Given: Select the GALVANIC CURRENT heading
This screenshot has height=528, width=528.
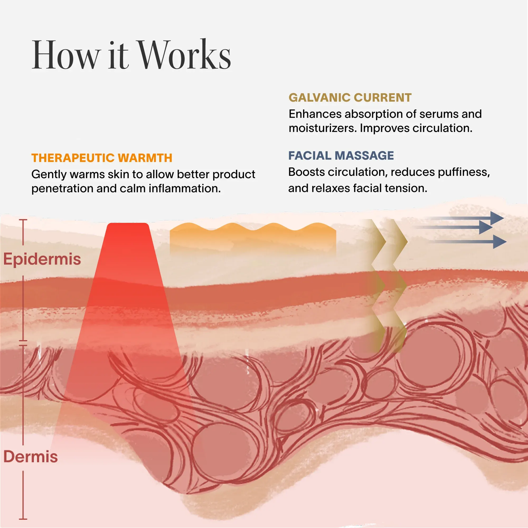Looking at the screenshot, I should click(x=350, y=98).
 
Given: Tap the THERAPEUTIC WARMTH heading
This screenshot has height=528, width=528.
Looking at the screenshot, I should click(x=102, y=158).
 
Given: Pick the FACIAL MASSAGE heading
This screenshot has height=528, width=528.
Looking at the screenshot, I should click(x=341, y=155).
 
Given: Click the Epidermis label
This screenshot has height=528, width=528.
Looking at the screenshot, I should click(x=42, y=259).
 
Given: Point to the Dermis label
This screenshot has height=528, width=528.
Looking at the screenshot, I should click(x=31, y=456).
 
